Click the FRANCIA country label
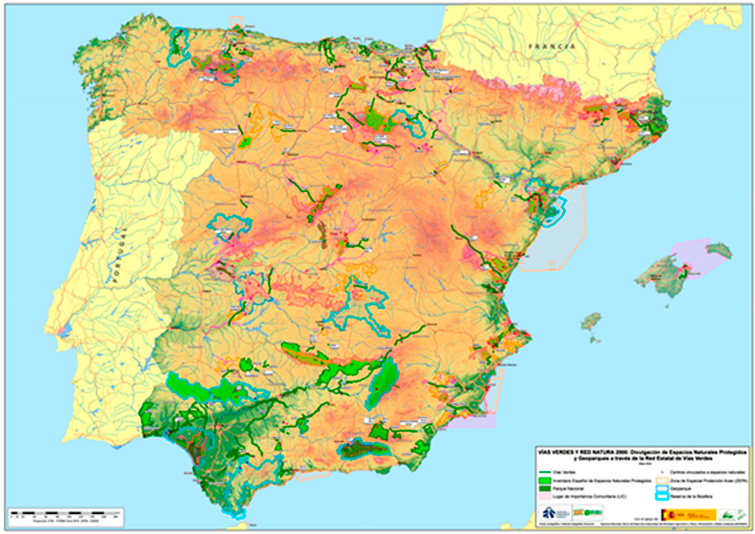point(552,47)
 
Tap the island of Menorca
point(719,250)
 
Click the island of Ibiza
point(591,322)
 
